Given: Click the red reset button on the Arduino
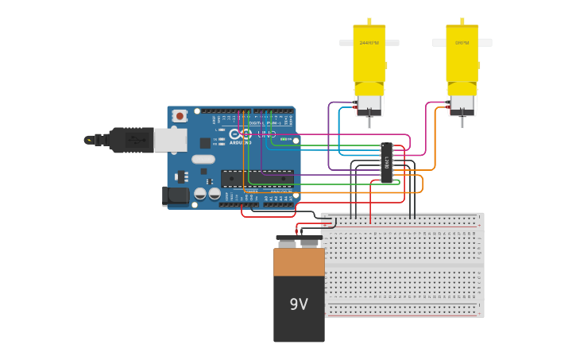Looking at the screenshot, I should (180, 116).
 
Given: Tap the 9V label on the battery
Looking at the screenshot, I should (299, 304).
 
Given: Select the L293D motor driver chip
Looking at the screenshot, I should (386, 162).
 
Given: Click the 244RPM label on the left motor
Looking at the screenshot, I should (369, 43).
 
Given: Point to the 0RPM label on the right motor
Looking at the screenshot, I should (462, 43).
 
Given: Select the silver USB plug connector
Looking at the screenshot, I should (169, 140).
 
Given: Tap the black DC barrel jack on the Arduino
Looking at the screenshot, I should (175, 195).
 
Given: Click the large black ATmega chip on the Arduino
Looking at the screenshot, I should (256, 177).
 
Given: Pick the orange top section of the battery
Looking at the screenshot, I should (299, 261).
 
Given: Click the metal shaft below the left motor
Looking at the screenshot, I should (369, 122).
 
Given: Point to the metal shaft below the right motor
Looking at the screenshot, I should (462, 122).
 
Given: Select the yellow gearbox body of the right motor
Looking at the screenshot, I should (462, 60).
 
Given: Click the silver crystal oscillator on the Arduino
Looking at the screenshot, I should (203, 159).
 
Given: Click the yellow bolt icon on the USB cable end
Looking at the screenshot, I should (89, 140).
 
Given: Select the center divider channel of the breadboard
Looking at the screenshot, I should (402, 265).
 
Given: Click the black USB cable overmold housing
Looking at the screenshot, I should (132, 140).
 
